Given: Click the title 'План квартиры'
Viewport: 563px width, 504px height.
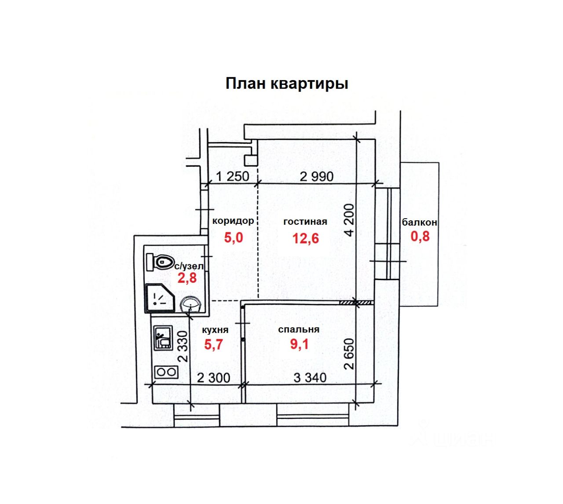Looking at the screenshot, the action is point(287,84).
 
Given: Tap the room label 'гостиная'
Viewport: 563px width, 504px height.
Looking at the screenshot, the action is point(305,221).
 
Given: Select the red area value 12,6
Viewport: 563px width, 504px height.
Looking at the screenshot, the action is point(306,238).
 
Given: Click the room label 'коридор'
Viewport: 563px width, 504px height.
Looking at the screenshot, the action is point(233,221).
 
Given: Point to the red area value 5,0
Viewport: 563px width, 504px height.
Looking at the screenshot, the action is point(234,237).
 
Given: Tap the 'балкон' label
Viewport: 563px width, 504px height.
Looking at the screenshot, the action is point(420,222).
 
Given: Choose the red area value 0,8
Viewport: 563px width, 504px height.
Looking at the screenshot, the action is point(420,237).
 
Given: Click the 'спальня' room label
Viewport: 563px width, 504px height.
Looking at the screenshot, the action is point(299,329).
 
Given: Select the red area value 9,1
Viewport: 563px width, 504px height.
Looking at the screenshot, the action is point(299,344).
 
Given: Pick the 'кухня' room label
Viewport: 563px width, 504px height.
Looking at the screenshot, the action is point(215,330).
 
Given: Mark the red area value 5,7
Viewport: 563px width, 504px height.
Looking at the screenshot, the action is point(214,344).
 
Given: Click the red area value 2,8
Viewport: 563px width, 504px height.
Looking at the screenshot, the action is point(187,278).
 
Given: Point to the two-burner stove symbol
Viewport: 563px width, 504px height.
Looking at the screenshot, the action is point(165,372).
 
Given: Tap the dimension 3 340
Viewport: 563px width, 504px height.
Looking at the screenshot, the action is point(310,377).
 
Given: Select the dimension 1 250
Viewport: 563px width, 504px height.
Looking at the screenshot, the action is point(232,176).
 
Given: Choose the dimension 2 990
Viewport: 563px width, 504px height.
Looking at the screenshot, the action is point(317,176).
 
